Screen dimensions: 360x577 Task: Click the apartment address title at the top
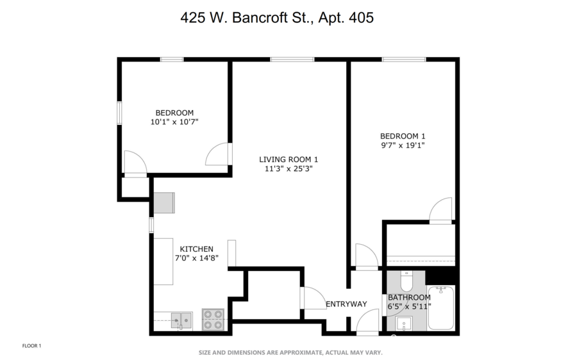click(x=277, y=18)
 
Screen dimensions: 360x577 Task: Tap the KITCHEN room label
click(x=196, y=249)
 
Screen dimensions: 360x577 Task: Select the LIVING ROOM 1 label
click(x=288, y=160)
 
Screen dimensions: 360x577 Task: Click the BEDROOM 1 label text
click(x=403, y=136)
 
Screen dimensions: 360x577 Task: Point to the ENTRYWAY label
click(x=346, y=304)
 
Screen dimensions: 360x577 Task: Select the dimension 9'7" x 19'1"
click(x=403, y=145)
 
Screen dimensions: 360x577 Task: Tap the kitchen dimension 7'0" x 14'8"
click(x=196, y=259)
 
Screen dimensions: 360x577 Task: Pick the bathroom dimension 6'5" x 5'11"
click(x=409, y=307)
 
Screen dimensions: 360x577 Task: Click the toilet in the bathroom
click(x=406, y=281)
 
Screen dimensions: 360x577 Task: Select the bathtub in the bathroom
click(x=441, y=307)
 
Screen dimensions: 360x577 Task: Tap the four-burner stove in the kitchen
click(x=213, y=320)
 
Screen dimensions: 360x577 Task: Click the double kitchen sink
click(x=181, y=320)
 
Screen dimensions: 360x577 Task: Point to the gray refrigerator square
click(x=164, y=202)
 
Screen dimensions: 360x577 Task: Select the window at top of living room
click(x=292, y=60)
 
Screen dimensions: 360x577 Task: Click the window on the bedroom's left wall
click(x=119, y=112)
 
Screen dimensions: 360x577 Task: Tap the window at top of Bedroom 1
click(x=404, y=60)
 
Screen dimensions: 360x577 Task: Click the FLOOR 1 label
click(x=31, y=346)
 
